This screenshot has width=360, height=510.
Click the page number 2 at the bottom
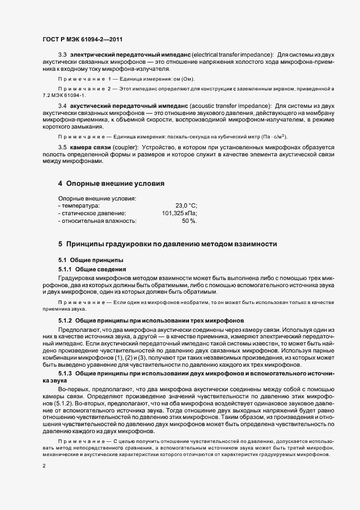[44, 466]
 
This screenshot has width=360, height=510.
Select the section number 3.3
[62, 55]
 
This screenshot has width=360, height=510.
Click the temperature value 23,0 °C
[186, 206]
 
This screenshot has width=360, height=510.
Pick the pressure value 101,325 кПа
[180, 214]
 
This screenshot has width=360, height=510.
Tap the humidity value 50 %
[189, 221]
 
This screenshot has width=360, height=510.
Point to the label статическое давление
[93, 214]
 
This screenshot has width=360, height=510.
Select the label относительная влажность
[98, 221]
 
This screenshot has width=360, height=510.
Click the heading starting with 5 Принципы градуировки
[167, 244]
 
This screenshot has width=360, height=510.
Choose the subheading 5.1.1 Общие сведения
[92, 269]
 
